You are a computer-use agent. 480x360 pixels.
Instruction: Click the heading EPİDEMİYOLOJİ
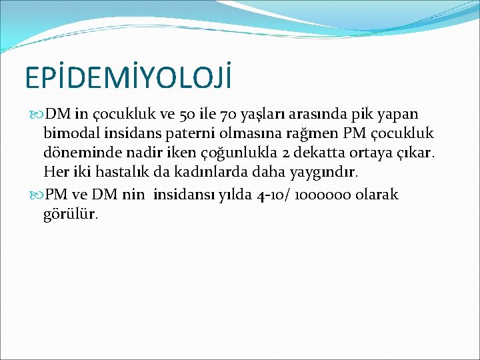[129, 77]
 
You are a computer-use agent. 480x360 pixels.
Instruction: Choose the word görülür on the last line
[71, 215]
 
